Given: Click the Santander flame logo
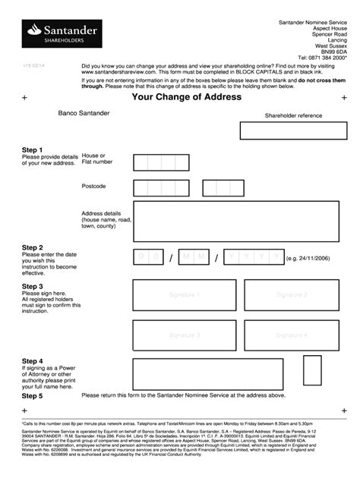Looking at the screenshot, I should click(x=33, y=31).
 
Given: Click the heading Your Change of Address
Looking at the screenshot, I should click(x=187, y=97).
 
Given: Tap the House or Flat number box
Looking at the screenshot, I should click(x=161, y=162).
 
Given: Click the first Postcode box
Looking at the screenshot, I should click(x=161, y=188).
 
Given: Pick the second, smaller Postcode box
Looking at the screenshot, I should click(x=223, y=188).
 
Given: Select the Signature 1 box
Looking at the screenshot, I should click(x=185, y=294).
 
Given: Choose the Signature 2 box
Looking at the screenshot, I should click(x=292, y=294).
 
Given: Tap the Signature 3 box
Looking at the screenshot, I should click(x=185, y=334).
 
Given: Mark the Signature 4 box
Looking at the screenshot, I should click(x=292, y=334).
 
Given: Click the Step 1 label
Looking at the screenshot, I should click(x=33, y=150).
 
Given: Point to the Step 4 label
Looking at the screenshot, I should click(x=33, y=361).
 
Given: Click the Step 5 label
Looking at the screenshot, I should click(x=33, y=396).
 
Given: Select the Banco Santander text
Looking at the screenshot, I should click(x=84, y=113).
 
